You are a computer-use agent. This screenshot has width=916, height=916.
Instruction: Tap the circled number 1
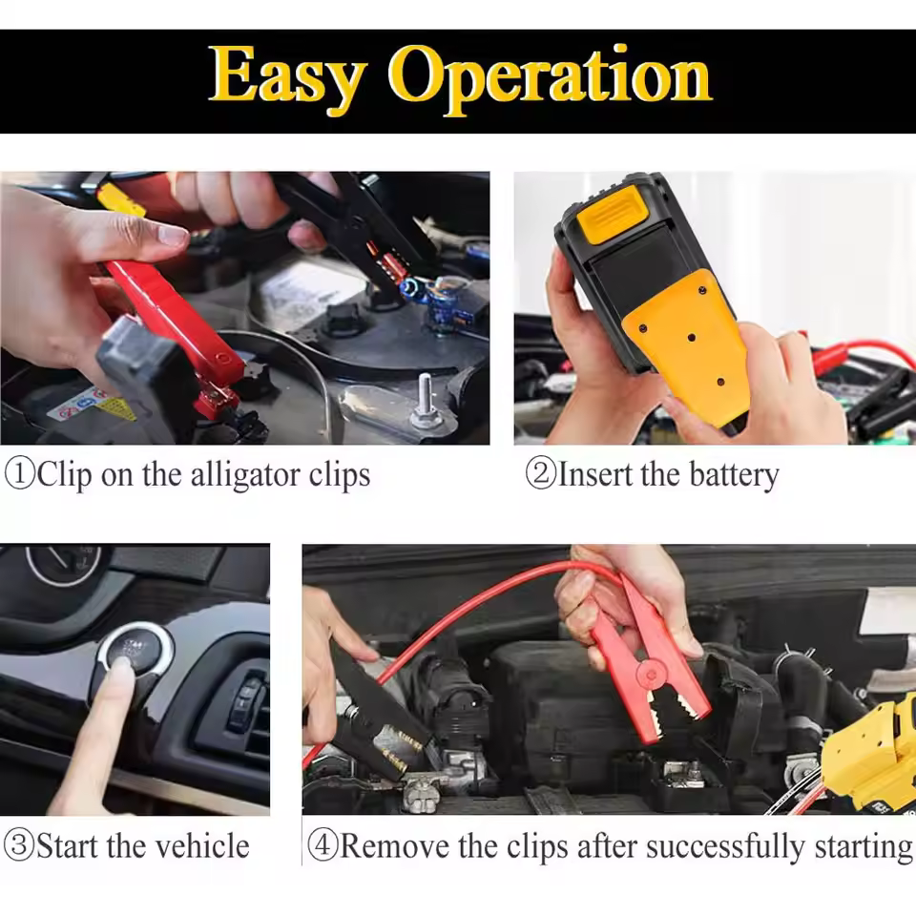[20, 473]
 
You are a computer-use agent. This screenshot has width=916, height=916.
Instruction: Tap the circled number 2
[540, 473]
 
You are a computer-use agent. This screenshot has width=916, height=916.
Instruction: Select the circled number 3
[19, 845]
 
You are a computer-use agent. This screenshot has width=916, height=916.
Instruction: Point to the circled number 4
[323, 845]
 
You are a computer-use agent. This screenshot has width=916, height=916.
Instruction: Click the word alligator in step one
[246, 475]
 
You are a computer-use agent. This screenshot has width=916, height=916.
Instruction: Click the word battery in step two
[735, 475]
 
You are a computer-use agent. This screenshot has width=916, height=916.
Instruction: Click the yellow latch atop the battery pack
[613, 213]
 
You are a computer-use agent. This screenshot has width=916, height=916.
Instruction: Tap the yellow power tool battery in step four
[870, 755]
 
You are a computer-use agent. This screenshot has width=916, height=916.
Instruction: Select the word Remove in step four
[395, 846]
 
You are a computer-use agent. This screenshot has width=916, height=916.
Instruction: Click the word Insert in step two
[595, 474]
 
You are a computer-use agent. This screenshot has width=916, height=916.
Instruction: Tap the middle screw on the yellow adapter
[692, 338]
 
